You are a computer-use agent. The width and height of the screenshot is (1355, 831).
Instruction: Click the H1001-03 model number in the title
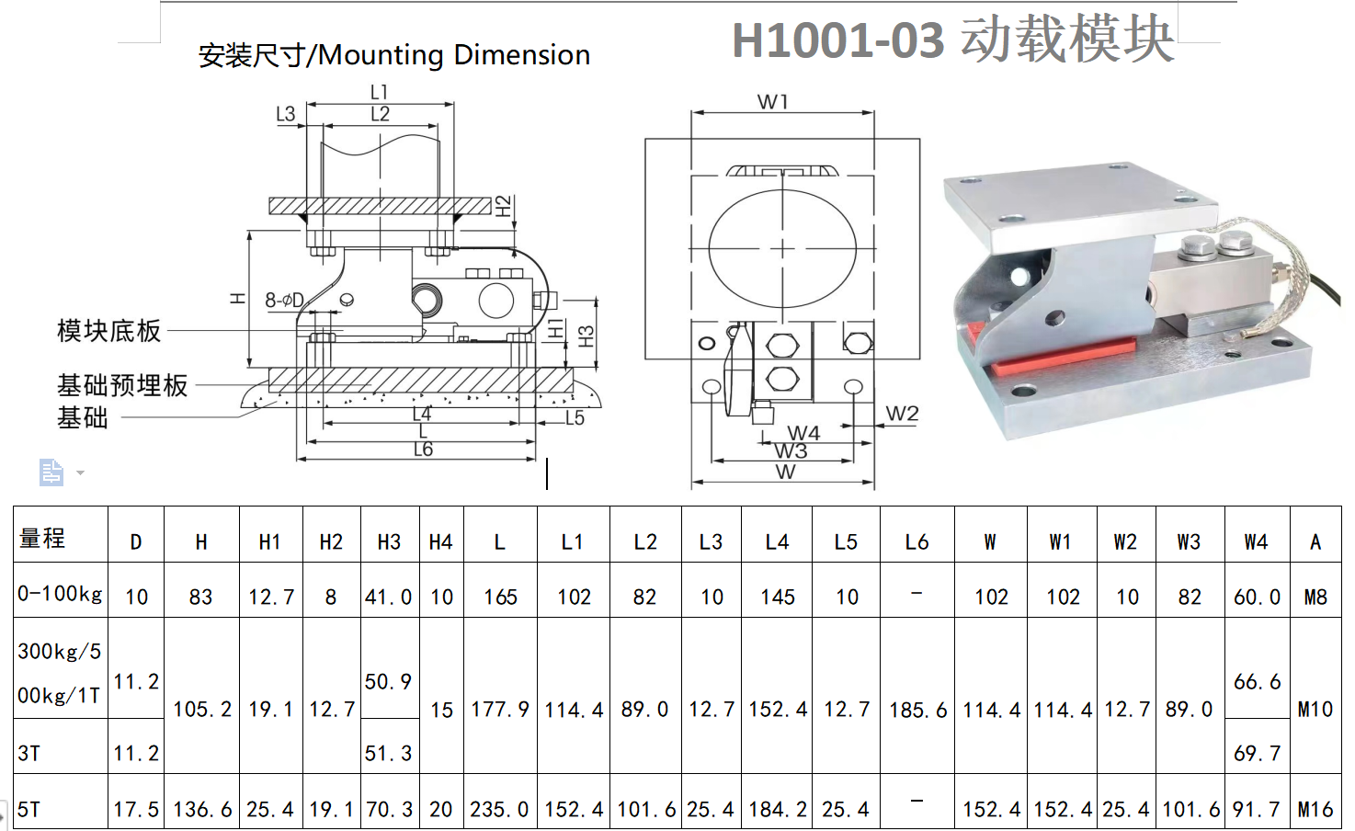click(x=838, y=40)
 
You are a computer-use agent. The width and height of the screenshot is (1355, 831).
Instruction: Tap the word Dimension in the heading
click(x=521, y=55)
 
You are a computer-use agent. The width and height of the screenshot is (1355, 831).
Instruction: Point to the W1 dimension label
click(x=772, y=102)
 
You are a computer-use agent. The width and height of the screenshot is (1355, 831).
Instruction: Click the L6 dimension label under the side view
click(x=424, y=450)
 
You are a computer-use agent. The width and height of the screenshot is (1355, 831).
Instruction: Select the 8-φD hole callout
click(x=284, y=300)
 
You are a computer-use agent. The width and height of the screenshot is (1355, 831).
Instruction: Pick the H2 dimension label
click(x=503, y=206)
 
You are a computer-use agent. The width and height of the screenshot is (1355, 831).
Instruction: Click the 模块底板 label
click(x=109, y=332)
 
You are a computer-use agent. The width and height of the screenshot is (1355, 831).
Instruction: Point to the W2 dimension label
click(x=902, y=414)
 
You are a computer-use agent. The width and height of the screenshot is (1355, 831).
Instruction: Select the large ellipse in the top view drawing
click(x=782, y=248)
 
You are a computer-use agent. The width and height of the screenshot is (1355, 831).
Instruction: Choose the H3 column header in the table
click(x=389, y=542)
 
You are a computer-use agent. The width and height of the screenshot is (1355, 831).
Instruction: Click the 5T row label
click(x=28, y=809)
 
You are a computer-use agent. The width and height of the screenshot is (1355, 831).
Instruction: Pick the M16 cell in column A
click(x=1315, y=809)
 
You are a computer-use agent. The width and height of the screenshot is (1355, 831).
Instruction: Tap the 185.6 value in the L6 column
click(x=917, y=710)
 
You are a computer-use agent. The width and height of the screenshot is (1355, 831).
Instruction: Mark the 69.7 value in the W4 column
click(x=1257, y=754)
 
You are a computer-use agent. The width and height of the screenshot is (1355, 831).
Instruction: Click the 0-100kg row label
click(x=60, y=594)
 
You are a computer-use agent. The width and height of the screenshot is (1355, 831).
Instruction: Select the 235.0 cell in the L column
click(x=500, y=809)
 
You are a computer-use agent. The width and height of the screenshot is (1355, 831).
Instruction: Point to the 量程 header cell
click(x=41, y=538)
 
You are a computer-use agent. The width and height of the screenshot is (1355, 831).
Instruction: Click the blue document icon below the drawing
click(x=51, y=472)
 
